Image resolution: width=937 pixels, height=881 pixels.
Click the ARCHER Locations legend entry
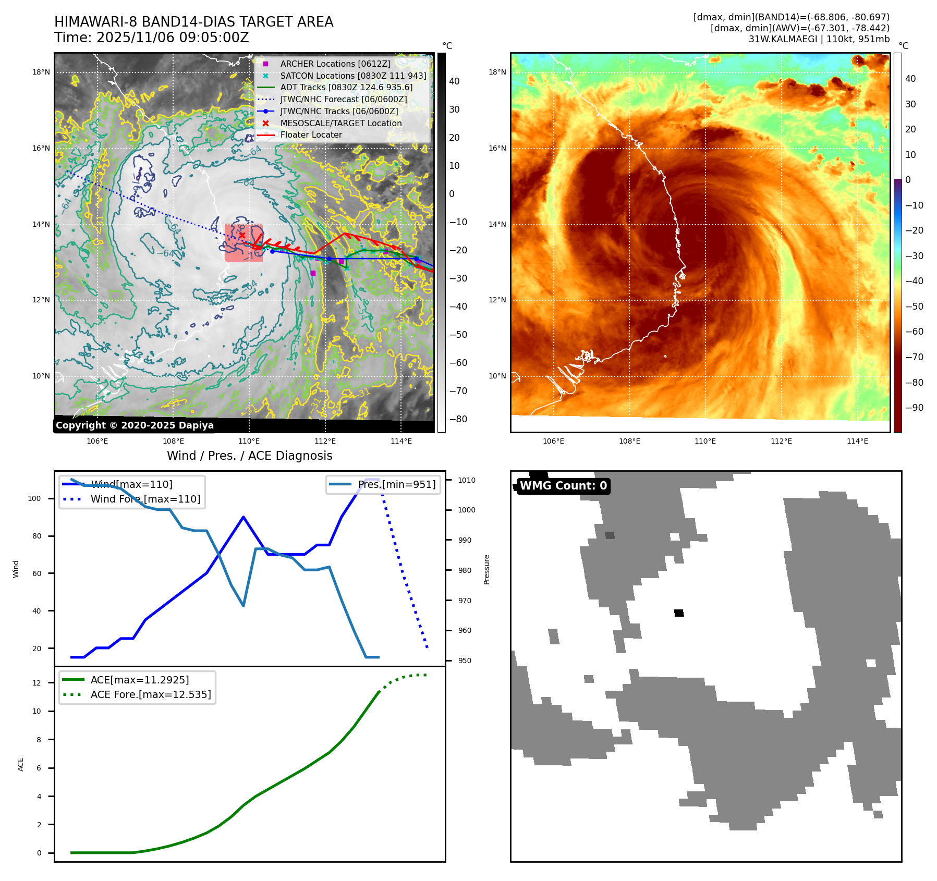(335, 64)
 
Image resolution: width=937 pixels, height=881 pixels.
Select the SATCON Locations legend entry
(353, 76)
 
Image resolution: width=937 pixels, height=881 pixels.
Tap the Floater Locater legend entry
(311, 134)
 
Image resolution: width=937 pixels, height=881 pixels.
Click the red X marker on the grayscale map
(242, 235)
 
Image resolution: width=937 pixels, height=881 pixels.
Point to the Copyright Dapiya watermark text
(135, 425)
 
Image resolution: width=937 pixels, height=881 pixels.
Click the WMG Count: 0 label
(563, 486)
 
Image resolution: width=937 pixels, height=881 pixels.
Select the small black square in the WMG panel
(679, 613)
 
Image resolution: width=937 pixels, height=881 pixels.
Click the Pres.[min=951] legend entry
(396, 484)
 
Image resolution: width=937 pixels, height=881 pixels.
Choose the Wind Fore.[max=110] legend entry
(145, 499)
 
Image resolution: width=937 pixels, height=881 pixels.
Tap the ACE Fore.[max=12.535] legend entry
(150, 694)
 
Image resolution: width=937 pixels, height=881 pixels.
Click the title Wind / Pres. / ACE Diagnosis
(249, 456)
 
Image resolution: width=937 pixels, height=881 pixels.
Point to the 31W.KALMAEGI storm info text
(819, 39)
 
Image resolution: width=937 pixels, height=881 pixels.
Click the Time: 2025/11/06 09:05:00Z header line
(151, 38)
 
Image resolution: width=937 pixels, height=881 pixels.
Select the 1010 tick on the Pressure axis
(467, 480)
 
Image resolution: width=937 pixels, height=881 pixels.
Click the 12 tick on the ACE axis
(36, 683)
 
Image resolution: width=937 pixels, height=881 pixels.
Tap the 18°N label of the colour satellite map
(497, 72)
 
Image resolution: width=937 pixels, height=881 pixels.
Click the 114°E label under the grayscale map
(401, 441)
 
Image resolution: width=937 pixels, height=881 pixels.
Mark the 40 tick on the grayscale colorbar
(454, 81)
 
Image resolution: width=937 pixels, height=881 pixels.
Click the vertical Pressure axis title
(486, 569)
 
